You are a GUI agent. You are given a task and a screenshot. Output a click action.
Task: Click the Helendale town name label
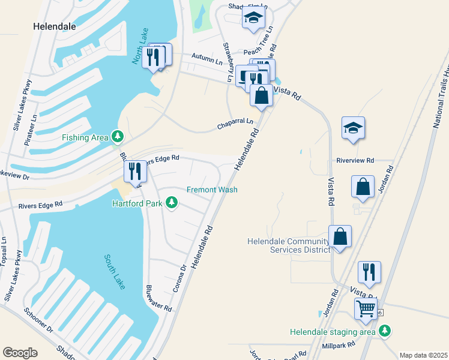(53, 26)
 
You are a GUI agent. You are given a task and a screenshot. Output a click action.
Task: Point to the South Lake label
(114, 271)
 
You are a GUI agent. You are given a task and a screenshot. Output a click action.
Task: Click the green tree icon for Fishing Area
(118, 137)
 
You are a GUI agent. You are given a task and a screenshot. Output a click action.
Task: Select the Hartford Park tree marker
(172, 202)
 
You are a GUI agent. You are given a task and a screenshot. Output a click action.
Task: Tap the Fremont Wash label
(212, 190)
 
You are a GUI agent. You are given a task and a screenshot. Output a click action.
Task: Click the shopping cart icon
(366, 309)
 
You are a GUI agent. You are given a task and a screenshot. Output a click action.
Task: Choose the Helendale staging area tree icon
(385, 331)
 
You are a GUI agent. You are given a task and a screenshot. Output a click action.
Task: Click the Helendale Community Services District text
(288, 245)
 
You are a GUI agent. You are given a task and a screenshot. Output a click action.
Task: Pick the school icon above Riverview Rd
(354, 128)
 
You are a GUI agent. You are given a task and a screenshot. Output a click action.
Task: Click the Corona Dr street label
(179, 278)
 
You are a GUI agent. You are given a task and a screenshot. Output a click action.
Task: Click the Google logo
(20, 352)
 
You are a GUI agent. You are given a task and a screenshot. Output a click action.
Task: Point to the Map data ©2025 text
(423, 355)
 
